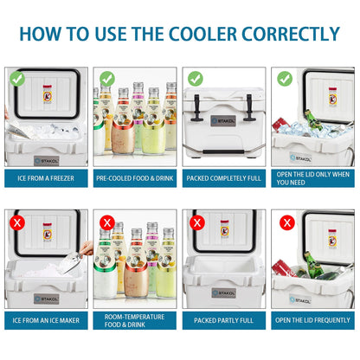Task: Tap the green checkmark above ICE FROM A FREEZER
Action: [x=17, y=79]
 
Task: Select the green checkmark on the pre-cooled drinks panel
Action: [x=107, y=79]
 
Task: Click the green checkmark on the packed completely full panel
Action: [x=196, y=79]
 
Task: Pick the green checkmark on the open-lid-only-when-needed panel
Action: [x=285, y=79]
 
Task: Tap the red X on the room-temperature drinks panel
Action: [x=107, y=222]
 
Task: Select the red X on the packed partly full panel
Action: [x=196, y=222]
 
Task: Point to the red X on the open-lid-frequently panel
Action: [x=285, y=222]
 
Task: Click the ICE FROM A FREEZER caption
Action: [x=45, y=180]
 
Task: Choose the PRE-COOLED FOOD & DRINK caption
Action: [x=135, y=180]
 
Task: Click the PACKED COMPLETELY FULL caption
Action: [x=224, y=180]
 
